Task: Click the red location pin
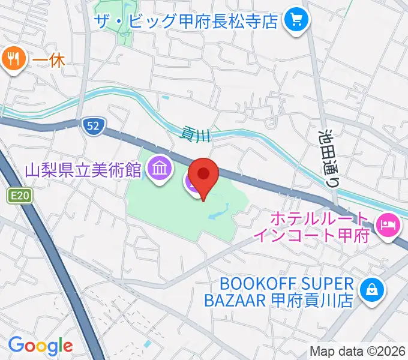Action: point(203,176)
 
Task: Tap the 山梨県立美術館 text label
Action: point(83,170)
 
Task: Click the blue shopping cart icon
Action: point(296,22)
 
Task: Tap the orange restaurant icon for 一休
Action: point(13,59)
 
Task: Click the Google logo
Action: point(40,346)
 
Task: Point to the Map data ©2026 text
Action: point(358,351)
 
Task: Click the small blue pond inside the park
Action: point(217,211)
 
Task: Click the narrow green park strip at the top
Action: point(126,30)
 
